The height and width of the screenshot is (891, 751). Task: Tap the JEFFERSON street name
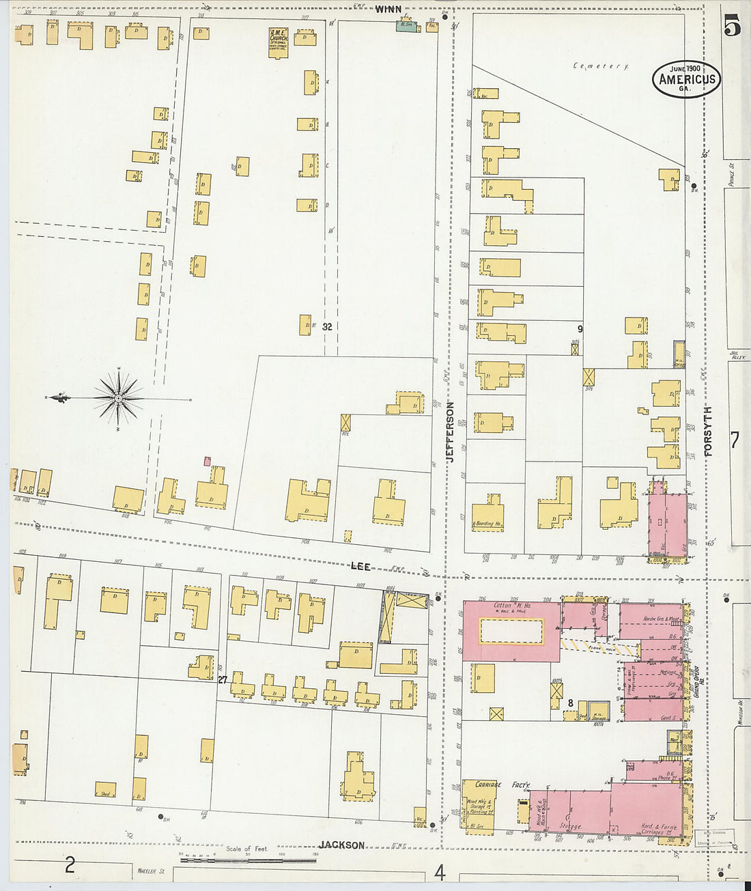pos(451,432)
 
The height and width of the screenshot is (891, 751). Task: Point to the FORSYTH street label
pos(707,432)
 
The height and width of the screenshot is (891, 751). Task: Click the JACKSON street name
pos(342,845)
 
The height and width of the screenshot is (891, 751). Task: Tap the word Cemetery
pos(601,66)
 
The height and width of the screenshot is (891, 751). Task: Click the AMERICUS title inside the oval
pos(686,79)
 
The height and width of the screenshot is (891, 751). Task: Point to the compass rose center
pos(119,397)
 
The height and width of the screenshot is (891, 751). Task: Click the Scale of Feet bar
pos(249,859)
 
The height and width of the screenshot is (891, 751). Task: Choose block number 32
pos(327,327)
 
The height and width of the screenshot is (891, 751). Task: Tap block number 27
pos(223,680)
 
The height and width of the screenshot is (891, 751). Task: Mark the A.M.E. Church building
pos(279,43)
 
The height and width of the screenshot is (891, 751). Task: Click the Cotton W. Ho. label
pos(512,605)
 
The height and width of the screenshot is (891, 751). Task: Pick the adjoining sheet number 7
pos(734,440)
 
